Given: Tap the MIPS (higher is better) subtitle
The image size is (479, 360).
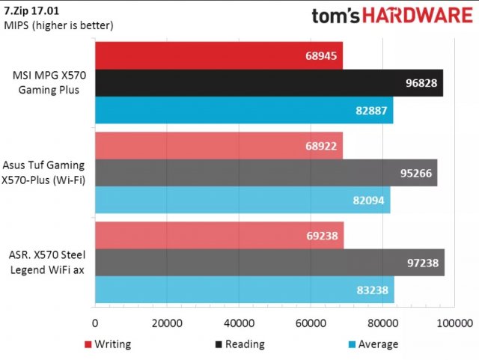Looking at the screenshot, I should point(58,25).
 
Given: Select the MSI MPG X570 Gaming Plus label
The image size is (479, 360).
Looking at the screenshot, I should point(48,82).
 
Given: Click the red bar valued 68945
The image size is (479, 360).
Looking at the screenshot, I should point(219,55).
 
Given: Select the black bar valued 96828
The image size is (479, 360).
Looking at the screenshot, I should point(269,82).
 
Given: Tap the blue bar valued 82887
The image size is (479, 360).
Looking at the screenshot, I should point(243,110).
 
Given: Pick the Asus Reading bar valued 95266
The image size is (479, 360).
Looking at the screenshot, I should point(266,172).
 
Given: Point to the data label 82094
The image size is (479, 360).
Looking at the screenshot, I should point(370,200).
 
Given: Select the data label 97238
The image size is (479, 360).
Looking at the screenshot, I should point(424,262).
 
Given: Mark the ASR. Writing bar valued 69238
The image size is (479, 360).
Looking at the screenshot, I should point(219,235).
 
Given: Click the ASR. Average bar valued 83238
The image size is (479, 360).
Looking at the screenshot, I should point(244,290).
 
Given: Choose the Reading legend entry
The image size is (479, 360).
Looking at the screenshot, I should point(239,344).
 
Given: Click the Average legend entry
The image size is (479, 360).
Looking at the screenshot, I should point(372,344).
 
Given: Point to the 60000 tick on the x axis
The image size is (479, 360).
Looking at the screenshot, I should point(310,323).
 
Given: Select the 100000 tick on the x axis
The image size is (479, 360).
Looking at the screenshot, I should point(454,323).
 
